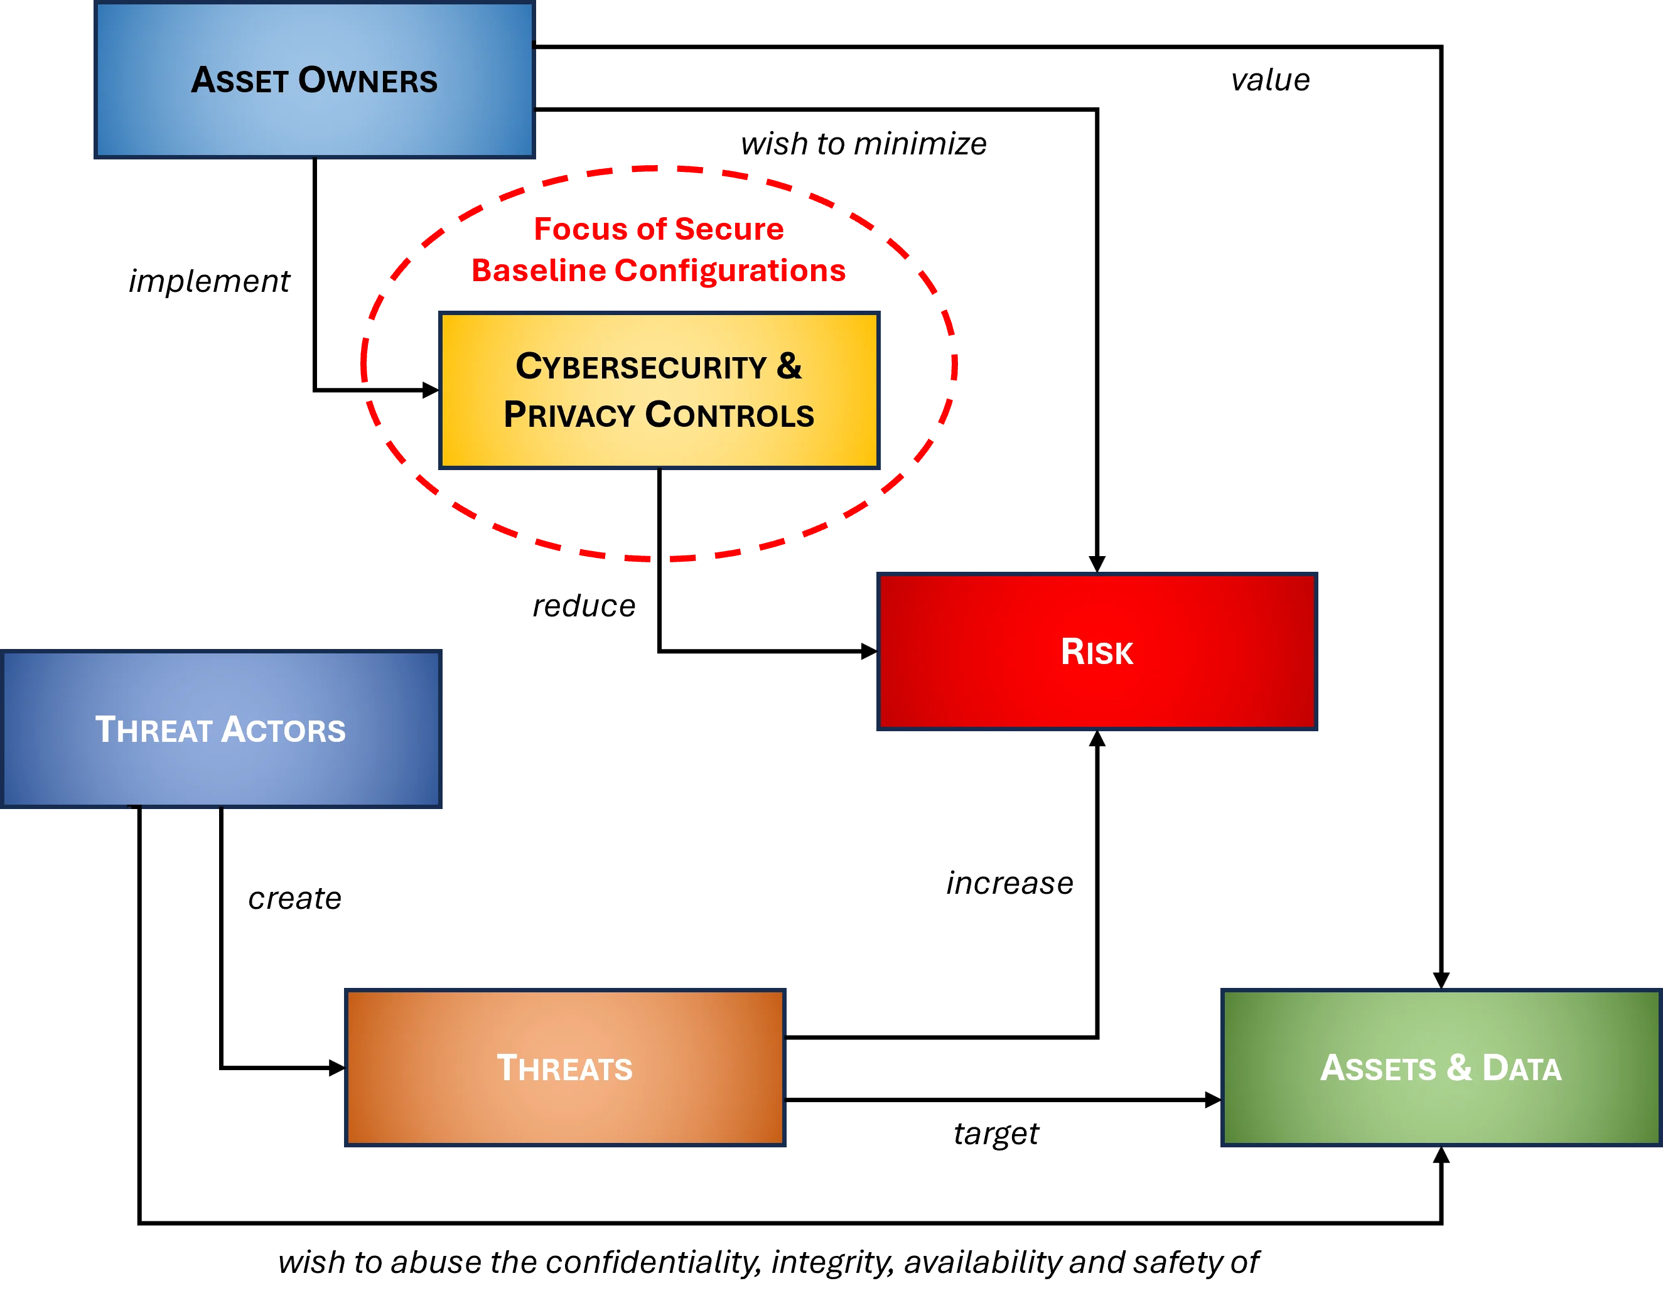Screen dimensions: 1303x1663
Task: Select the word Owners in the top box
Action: pos(368,80)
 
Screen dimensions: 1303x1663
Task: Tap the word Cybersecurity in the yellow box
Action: pos(641,367)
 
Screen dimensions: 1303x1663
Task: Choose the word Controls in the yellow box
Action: pos(729,415)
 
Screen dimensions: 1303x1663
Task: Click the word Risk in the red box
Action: pos(1097,651)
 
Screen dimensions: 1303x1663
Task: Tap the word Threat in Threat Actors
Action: pos(153,729)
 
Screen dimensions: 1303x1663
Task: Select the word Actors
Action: pos(284,729)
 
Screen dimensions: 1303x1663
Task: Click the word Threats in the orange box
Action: pos(564,1068)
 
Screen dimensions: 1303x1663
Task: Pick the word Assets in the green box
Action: pos(1378,1068)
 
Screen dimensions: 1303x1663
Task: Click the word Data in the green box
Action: pos(1521,1068)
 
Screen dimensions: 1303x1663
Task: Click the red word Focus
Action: pos(580,229)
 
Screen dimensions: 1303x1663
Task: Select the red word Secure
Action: pos(728,229)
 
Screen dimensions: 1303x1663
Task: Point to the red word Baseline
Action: pos(539,270)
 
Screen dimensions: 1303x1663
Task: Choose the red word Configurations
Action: pos(730,270)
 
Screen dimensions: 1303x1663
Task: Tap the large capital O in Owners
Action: pos(313,80)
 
